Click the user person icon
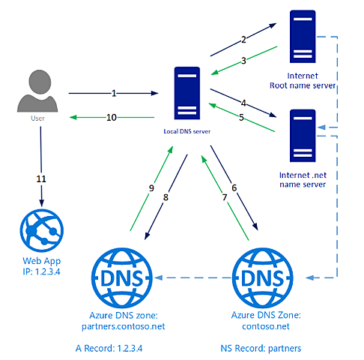(x=41, y=91)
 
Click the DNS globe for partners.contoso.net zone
(x=122, y=277)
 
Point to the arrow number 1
(x=114, y=93)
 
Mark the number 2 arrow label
(x=243, y=39)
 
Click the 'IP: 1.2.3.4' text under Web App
(x=40, y=271)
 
